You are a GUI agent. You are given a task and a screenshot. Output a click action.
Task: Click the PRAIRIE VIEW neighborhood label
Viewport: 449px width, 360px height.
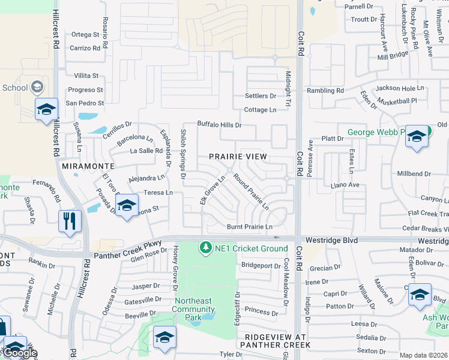tap(238, 156)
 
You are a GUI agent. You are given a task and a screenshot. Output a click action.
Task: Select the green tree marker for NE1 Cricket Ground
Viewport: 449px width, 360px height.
tap(206, 248)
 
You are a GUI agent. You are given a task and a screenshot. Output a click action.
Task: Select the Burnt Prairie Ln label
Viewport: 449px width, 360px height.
tap(250, 227)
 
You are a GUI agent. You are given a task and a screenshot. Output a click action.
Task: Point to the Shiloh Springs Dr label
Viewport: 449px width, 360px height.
tap(184, 154)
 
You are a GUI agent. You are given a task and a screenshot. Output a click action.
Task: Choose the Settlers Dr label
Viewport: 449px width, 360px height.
tap(260, 96)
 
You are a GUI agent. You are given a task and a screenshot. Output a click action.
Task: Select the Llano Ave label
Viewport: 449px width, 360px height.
tap(345, 185)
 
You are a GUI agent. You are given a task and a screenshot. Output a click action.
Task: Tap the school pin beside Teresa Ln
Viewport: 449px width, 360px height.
tap(127, 206)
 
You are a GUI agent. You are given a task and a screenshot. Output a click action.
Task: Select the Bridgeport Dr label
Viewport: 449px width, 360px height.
tap(261, 265)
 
